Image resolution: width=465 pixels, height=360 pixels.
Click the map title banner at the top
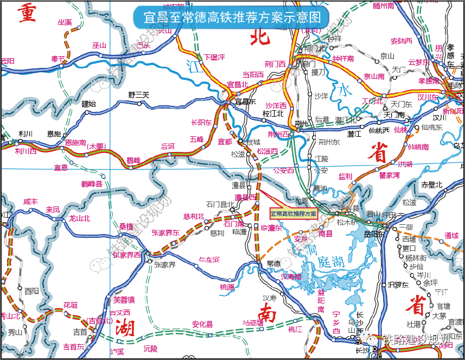pos(232,17)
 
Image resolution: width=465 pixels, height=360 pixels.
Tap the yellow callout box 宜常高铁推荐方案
pos(294,214)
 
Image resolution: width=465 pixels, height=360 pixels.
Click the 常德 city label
pos(275,263)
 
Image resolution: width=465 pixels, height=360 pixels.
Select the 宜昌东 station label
pos(245,102)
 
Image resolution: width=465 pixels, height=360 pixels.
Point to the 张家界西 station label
pos(126,255)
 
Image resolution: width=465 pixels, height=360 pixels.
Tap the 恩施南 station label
pos(75,143)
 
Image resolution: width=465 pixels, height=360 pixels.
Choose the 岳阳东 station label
pos(374,234)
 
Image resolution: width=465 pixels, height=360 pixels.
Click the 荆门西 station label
pos(275,64)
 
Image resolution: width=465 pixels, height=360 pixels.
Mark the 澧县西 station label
pos(245,197)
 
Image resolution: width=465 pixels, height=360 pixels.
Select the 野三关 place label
pos(138,95)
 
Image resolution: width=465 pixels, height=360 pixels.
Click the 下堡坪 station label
pos(214,57)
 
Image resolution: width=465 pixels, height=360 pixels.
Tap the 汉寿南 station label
pos(291,277)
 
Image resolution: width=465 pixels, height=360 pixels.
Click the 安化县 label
pos(202,325)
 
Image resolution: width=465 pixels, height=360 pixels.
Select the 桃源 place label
pos(227,287)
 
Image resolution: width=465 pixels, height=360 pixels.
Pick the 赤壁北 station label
pos(432,185)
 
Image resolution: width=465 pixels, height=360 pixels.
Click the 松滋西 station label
pos(267,151)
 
